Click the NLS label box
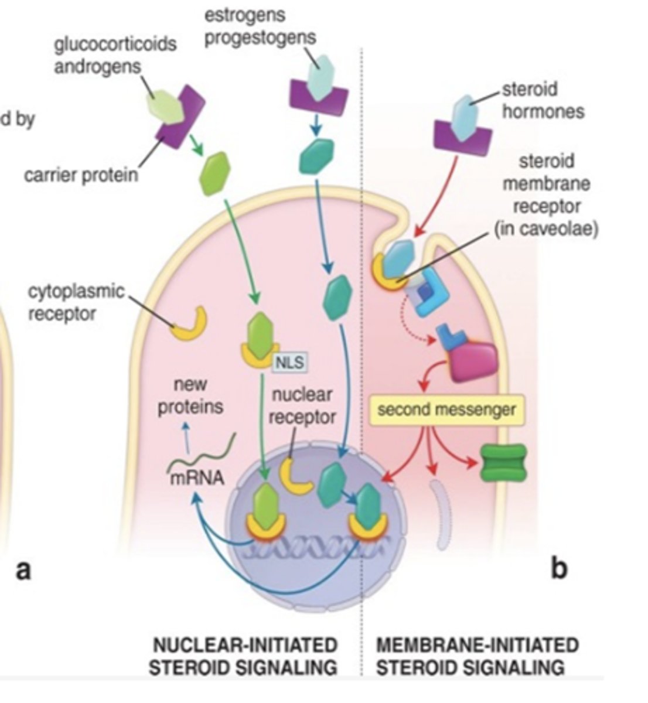coord(291,362)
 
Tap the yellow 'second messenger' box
coord(446,409)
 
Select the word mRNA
coord(197,478)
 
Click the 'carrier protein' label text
coord(81,175)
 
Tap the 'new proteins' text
coord(190,396)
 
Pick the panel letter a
coord(23,569)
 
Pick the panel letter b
coord(560,568)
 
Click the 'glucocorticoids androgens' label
coord(115,55)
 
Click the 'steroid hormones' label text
coord(543,100)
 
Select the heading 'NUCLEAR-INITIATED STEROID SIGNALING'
coord(244,656)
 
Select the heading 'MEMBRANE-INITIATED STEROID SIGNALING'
coord(476,656)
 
